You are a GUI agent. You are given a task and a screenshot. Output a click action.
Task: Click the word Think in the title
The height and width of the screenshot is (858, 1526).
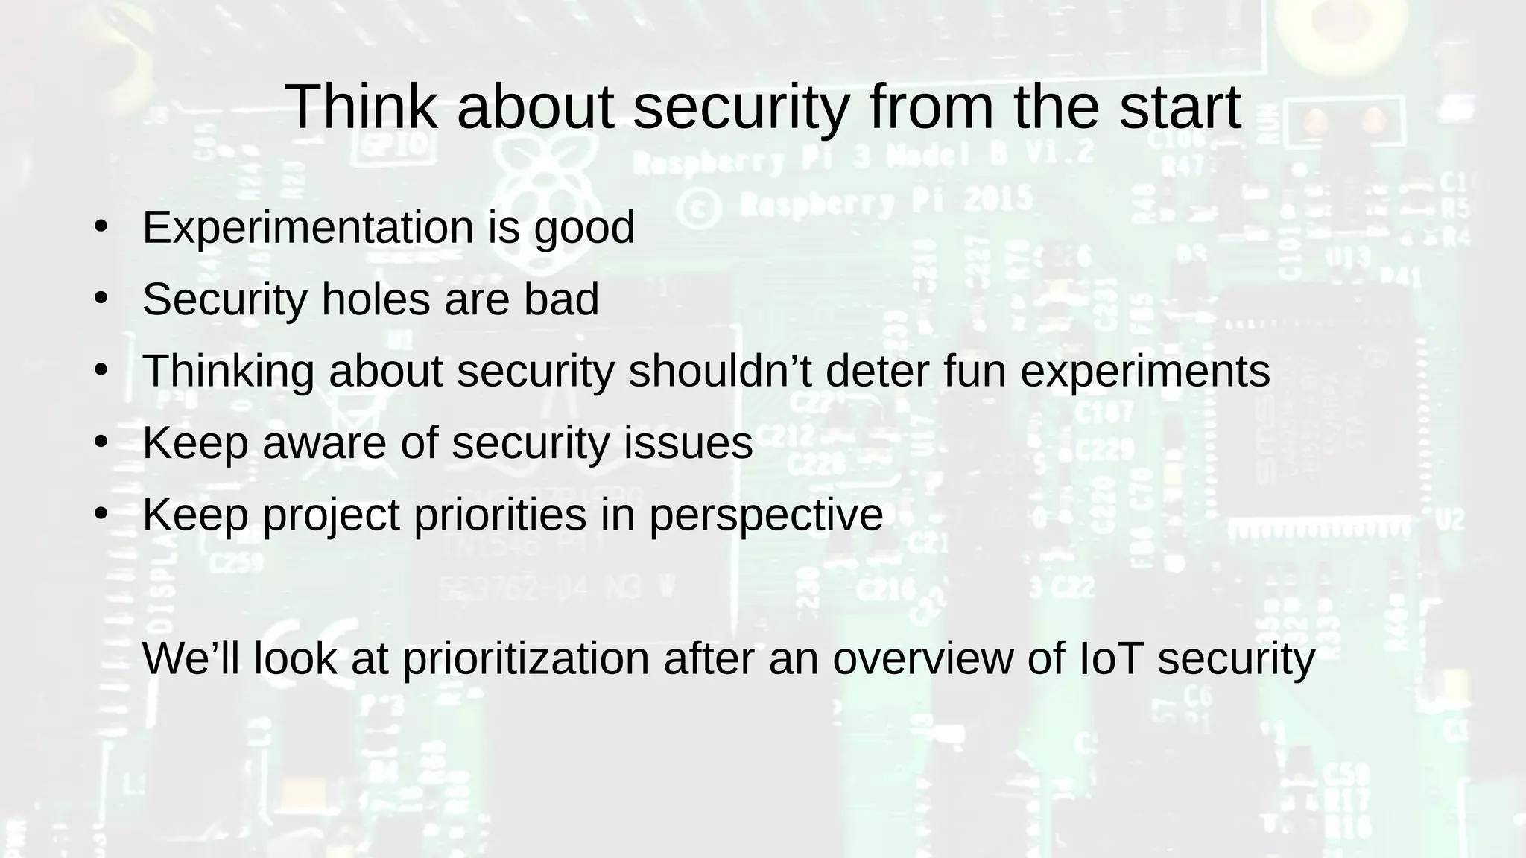coord(361,107)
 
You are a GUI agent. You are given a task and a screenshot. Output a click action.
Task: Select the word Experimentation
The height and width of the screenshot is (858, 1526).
coord(308,227)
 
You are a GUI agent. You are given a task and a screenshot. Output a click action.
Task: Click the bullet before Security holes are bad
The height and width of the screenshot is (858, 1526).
coord(101,298)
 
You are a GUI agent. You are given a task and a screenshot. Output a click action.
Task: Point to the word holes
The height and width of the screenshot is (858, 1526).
coord(376,299)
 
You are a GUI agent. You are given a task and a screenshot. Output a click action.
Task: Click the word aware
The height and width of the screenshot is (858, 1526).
coord(324,443)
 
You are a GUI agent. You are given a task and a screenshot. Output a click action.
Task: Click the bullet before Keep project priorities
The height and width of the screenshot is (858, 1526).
coord(101,513)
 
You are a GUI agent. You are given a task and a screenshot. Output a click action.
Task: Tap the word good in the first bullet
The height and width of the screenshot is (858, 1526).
coord(584,229)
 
